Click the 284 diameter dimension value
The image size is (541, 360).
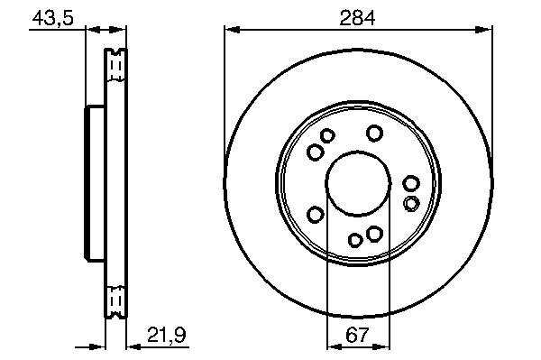click(x=357, y=18)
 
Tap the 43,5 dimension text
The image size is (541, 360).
click(x=53, y=18)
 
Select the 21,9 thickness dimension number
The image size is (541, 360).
click(x=167, y=335)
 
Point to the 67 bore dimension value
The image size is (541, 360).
click(x=357, y=335)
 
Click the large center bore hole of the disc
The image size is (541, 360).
click(x=358, y=184)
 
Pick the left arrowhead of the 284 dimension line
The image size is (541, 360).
click(x=233, y=30)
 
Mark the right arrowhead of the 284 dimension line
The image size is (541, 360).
click(x=483, y=30)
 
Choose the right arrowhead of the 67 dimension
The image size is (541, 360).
click(x=382, y=346)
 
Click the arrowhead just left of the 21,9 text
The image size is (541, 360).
click(x=134, y=346)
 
